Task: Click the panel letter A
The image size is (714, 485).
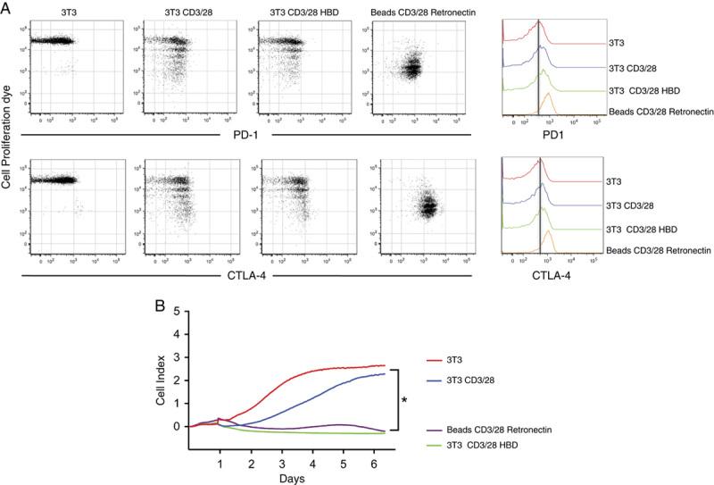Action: [7, 9]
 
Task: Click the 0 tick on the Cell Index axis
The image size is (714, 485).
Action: [178, 426]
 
